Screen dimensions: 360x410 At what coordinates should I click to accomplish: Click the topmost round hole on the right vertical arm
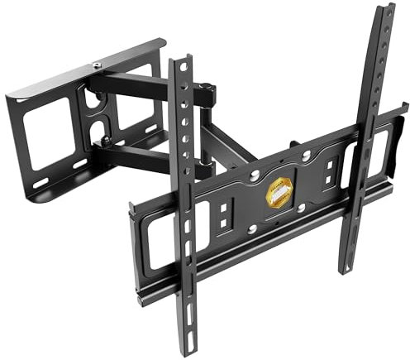[x=383, y=38]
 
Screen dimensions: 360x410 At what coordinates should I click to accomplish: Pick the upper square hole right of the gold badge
[x=329, y=166]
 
